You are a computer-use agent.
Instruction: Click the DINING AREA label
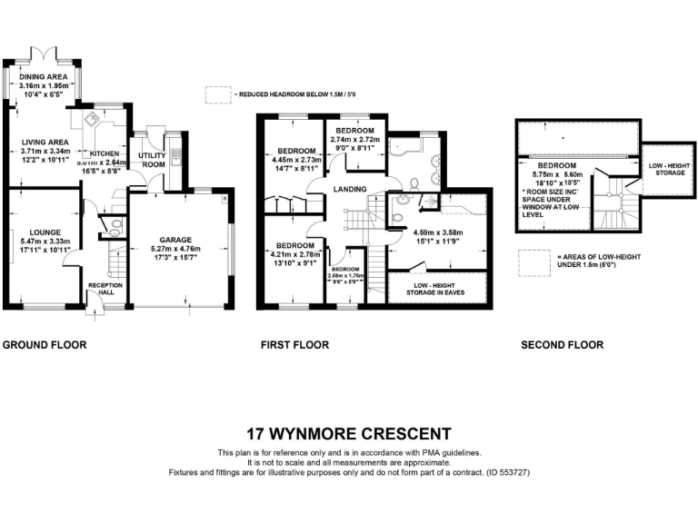coord(45,77)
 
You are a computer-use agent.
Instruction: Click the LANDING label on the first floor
coord(350,189)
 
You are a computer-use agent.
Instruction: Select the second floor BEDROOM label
coord(555,166)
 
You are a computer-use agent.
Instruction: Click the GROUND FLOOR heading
coord(45,345)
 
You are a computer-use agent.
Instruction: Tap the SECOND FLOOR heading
coord(562,345)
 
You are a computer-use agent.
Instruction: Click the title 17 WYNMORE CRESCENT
coord(349,433)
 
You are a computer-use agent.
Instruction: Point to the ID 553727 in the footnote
coord(504,473)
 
